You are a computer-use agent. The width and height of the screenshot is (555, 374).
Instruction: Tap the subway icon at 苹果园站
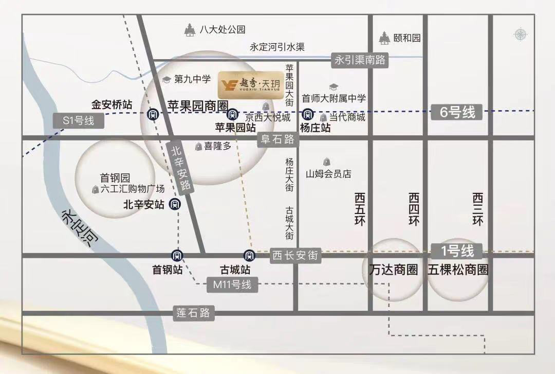232,114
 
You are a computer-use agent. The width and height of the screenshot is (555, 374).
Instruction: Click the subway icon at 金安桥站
152,114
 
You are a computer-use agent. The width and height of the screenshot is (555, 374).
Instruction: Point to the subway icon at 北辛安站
175,204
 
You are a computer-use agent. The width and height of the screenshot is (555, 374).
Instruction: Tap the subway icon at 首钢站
176,255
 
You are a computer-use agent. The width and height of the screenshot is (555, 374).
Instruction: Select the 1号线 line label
457,252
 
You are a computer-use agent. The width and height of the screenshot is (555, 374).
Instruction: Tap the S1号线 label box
79,121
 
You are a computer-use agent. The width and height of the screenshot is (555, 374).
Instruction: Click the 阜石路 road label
277,139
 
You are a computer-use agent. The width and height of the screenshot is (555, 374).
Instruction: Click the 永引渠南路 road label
360,60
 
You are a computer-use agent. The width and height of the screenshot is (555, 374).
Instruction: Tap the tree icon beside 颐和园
384,38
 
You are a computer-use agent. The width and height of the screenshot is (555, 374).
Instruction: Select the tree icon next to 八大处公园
190,30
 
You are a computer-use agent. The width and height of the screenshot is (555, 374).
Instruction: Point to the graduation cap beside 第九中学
166,80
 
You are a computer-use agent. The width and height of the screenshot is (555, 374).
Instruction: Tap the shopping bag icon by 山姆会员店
326,162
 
